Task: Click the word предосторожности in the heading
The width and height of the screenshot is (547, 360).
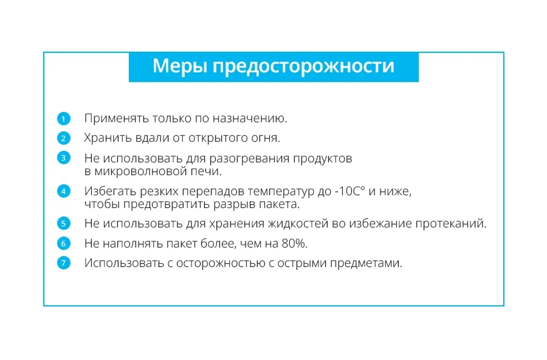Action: pos(303,67)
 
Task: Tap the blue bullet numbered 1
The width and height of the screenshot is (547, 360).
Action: pos(63,119)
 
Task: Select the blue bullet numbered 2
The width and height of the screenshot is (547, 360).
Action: pos(63,138)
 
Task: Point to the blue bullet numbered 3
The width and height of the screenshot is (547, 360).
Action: pos(63,158)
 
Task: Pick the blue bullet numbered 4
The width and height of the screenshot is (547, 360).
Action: pos(63,191)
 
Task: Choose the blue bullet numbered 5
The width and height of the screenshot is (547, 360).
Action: pos(63,223)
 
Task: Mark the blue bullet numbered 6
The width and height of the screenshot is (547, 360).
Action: pos(63,243)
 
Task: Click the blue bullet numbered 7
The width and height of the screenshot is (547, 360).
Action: pos(63,263)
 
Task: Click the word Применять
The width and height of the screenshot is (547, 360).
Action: pos(112,119)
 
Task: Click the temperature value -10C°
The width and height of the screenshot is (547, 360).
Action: pos(349,192)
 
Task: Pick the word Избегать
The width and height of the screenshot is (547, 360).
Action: pos(110,192)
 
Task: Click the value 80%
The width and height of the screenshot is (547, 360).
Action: pos(294,243)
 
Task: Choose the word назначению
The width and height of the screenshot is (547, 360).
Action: pos(250,119)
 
